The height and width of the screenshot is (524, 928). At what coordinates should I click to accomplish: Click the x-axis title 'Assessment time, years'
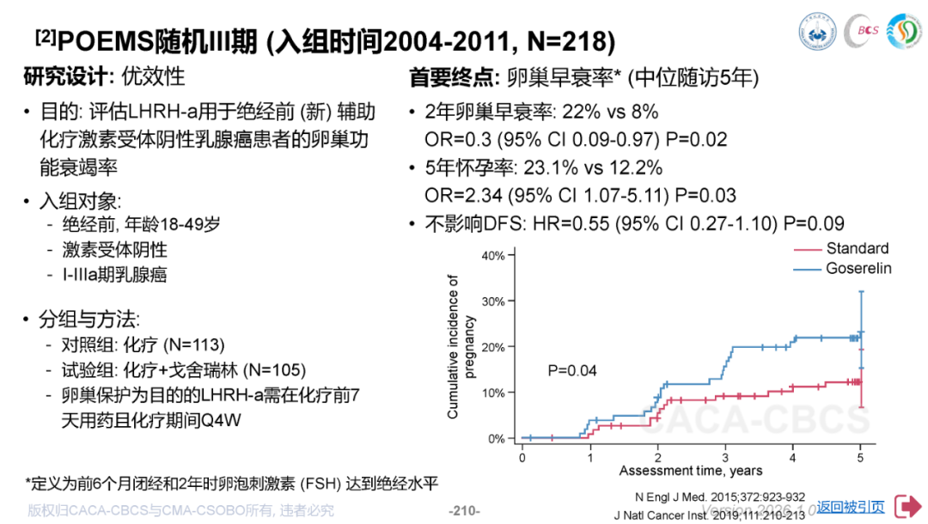click(x=691, y=471)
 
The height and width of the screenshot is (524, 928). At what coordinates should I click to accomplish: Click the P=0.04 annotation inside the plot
click(x=572, y=371)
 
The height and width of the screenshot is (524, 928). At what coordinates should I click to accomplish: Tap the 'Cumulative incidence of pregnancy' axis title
click(x=461, y=346)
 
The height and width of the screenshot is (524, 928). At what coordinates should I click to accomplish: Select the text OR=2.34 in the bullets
click(x=463, y=196)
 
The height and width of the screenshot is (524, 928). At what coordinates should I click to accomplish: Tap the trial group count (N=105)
click(x=274, y=370)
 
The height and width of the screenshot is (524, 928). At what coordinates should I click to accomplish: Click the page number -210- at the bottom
click(x=464, y=511)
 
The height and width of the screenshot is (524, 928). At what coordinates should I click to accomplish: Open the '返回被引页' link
click(x=851, y=507)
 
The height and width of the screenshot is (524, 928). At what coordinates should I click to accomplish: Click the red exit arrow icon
click(x=907, y=507)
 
